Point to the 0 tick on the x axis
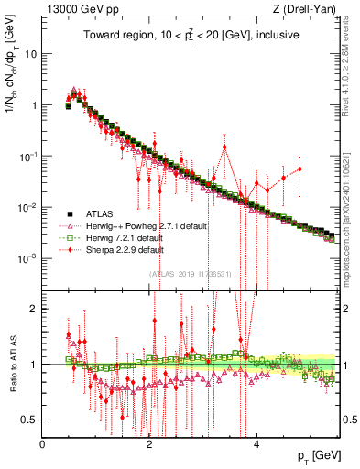[x=42, y=443]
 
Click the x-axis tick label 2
[x=149, y=443]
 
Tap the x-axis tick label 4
[x=256, y=443]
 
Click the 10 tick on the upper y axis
[x=30, y=53]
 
